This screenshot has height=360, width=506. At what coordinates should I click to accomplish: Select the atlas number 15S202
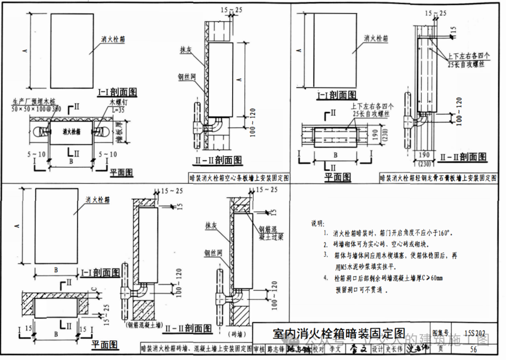click(x=474, y=333)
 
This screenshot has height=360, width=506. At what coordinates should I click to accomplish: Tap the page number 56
click(x=473, y=349)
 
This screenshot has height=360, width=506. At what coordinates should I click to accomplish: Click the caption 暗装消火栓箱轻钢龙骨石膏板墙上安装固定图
click(x=439, y=178)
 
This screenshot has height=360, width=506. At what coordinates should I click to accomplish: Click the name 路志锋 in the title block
click(x=276, y=349)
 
